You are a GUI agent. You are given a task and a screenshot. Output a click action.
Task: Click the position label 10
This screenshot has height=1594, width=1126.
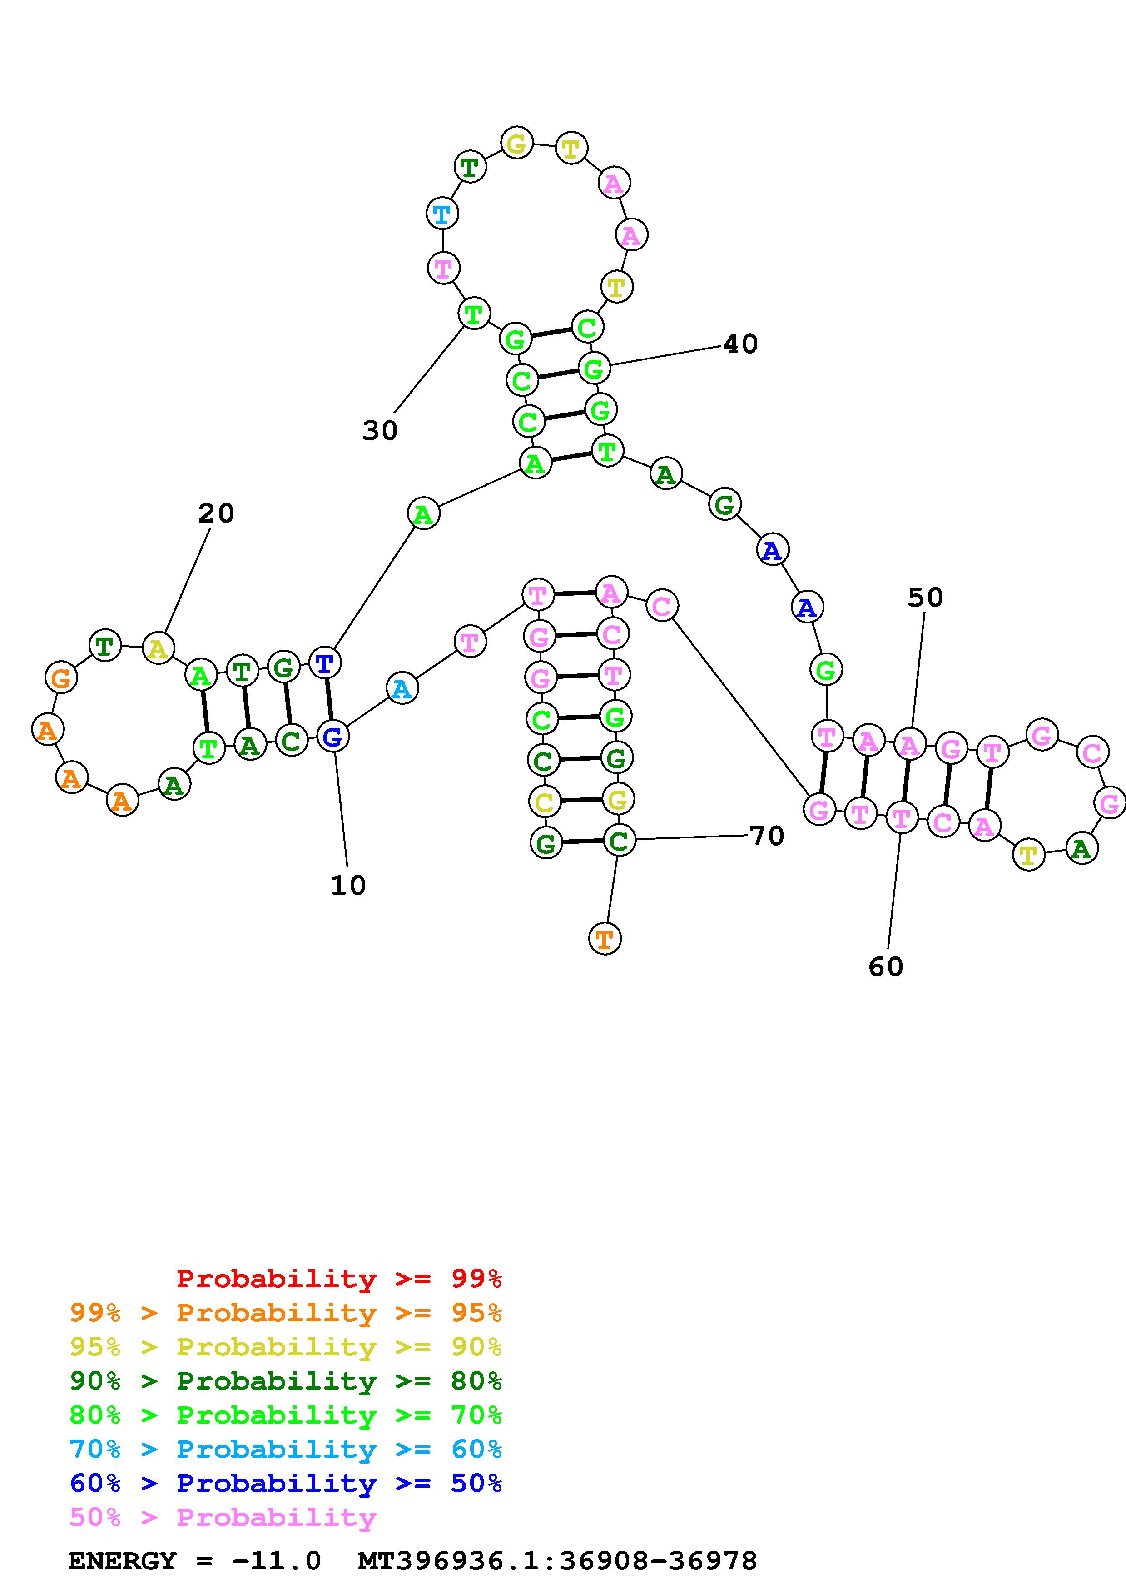click(x=347, y=885)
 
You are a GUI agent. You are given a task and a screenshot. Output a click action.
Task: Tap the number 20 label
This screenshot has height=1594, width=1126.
click(x=216, y=514)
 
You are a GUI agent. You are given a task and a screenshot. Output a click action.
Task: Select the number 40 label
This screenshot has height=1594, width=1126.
click(x=740, y=344)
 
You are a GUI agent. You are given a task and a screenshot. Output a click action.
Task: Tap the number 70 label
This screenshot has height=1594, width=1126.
click(x=767, y=836)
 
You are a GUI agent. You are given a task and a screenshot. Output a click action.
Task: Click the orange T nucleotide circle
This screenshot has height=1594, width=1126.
click(x=604, y=939)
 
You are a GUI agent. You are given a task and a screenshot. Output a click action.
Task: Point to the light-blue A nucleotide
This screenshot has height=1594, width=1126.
click(x=402, y=689)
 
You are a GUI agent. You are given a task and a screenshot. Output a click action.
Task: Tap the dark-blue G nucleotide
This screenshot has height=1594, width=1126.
click(x=333, y=737)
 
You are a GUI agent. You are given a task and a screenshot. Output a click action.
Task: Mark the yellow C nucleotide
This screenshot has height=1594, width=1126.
click(x=544, y=802)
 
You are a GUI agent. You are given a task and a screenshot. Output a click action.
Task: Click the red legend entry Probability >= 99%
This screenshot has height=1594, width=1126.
click(x=338, y=1279)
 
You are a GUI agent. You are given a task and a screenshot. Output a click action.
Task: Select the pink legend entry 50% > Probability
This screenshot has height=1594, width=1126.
click(x=222, y=1518)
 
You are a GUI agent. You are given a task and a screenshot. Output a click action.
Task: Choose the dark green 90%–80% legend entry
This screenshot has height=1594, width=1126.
click(x=285, y=1381)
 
